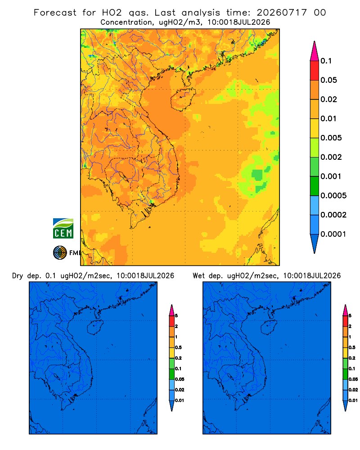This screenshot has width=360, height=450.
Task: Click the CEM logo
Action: (63, 229)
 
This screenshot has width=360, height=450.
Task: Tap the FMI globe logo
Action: (60, 252)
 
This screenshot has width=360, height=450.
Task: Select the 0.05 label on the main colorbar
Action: (328, 80)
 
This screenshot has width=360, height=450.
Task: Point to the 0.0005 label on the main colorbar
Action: (333, 196)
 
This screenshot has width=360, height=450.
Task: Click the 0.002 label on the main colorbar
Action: (331, 157)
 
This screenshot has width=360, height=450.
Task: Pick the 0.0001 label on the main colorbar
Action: (333, 234)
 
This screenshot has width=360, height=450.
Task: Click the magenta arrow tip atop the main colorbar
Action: (315, 41)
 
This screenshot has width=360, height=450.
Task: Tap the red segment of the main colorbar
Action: (315, 70)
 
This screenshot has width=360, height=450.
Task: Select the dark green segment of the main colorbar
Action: (315, 186)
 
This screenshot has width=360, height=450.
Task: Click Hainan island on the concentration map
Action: (183, 99)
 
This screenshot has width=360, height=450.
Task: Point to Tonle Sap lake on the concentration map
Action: (122, 175)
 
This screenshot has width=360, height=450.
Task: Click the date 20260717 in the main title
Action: (282, 13)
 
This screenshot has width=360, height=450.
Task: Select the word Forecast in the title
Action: (55, 13)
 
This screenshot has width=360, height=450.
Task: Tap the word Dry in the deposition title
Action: (18, 276)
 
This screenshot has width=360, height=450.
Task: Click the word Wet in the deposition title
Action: (198, 276)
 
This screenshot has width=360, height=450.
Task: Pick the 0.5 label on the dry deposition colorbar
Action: (178, 347)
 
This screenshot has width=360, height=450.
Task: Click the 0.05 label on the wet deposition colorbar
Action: (353, 379)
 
